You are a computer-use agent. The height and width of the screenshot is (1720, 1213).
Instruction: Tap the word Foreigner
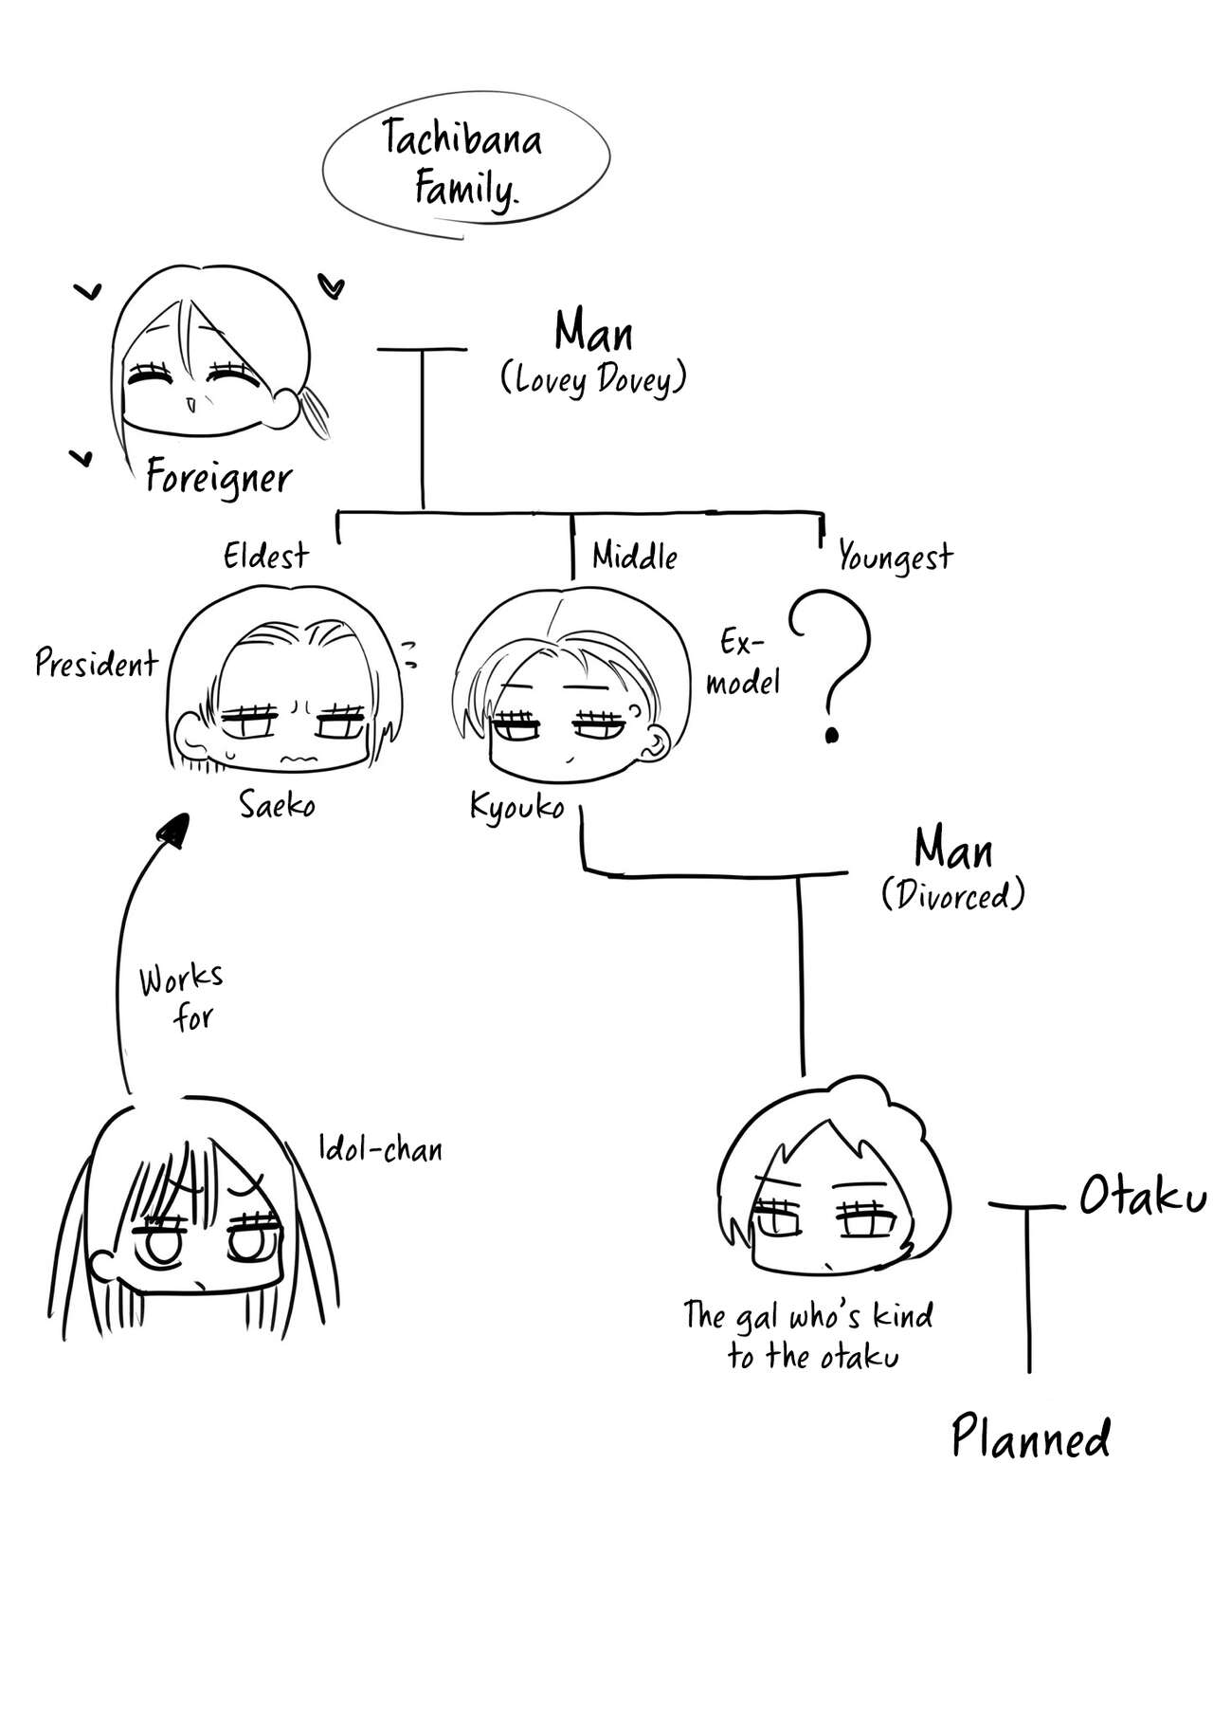(219, 479)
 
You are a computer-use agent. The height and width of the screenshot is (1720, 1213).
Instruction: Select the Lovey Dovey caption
(592, 380)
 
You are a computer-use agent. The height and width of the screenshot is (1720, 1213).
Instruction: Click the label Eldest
(265, 556)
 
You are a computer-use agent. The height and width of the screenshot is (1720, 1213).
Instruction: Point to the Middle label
(634, 556)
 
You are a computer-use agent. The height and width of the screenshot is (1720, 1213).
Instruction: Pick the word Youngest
(895, 558)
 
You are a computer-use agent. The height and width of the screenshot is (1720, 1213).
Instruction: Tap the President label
(96, 663)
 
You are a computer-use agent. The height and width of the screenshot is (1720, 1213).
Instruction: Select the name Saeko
(277, 806)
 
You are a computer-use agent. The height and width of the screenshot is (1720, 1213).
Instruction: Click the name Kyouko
(516, 807)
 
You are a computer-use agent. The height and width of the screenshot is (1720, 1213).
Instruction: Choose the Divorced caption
(952, 895)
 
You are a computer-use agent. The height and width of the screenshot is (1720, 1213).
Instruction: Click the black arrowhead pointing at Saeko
(172, 829)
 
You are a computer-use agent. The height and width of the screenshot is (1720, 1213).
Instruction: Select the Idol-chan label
(380, 1149)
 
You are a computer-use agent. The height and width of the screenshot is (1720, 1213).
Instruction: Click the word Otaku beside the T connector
(1142, 1199)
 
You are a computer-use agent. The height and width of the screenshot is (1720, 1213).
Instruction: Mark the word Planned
(1030, 1437)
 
